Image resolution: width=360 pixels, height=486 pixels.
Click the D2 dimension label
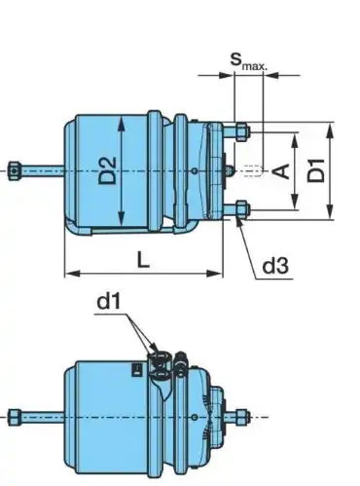pyautogui.click(x=107, y=170)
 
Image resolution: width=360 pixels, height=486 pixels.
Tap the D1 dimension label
pyautogui.click(x=316, y=170)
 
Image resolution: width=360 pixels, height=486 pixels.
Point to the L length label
pyautogui.click(x=143, y=259)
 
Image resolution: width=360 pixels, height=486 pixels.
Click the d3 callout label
pyautogui.click(x=275, y=266)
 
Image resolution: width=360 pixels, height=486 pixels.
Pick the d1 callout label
pyautogui.click(x=109, y=301)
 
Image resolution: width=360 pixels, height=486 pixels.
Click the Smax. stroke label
pyautogui.click(x=249, y=61)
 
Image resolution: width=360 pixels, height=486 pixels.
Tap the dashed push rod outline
pyautogui.click(x=252, y=170)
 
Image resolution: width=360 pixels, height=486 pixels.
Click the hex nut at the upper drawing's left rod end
pyautogui.click(x=15, y=170)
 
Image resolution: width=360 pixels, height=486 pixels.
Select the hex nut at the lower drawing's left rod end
pyautogui.click(x=15, y=417)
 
